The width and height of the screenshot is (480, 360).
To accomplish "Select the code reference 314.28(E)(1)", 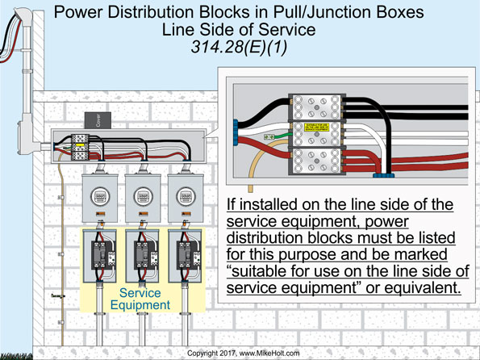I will [241, 48].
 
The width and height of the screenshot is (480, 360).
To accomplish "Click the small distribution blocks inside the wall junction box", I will [81, 144].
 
